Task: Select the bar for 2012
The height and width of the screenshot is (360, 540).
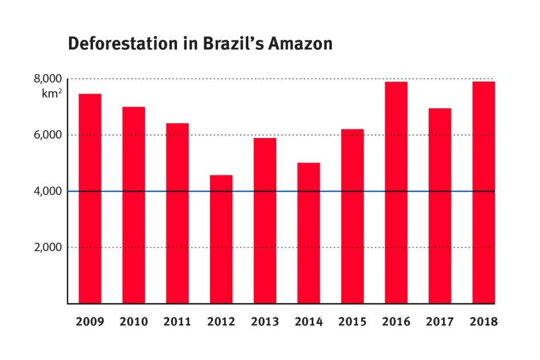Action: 221,239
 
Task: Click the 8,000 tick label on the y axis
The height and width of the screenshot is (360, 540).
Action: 49,79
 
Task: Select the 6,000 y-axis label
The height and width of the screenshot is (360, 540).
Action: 49,135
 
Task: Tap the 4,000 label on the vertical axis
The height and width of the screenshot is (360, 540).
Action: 49,191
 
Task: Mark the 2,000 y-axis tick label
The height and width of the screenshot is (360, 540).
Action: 49,248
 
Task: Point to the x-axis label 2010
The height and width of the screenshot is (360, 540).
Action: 134,322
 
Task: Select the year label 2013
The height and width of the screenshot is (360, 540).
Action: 265,322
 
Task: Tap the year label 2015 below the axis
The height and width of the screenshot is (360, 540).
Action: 352,322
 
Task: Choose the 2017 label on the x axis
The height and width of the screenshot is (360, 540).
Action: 440,322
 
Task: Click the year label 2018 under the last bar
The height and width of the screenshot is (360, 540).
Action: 483,322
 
